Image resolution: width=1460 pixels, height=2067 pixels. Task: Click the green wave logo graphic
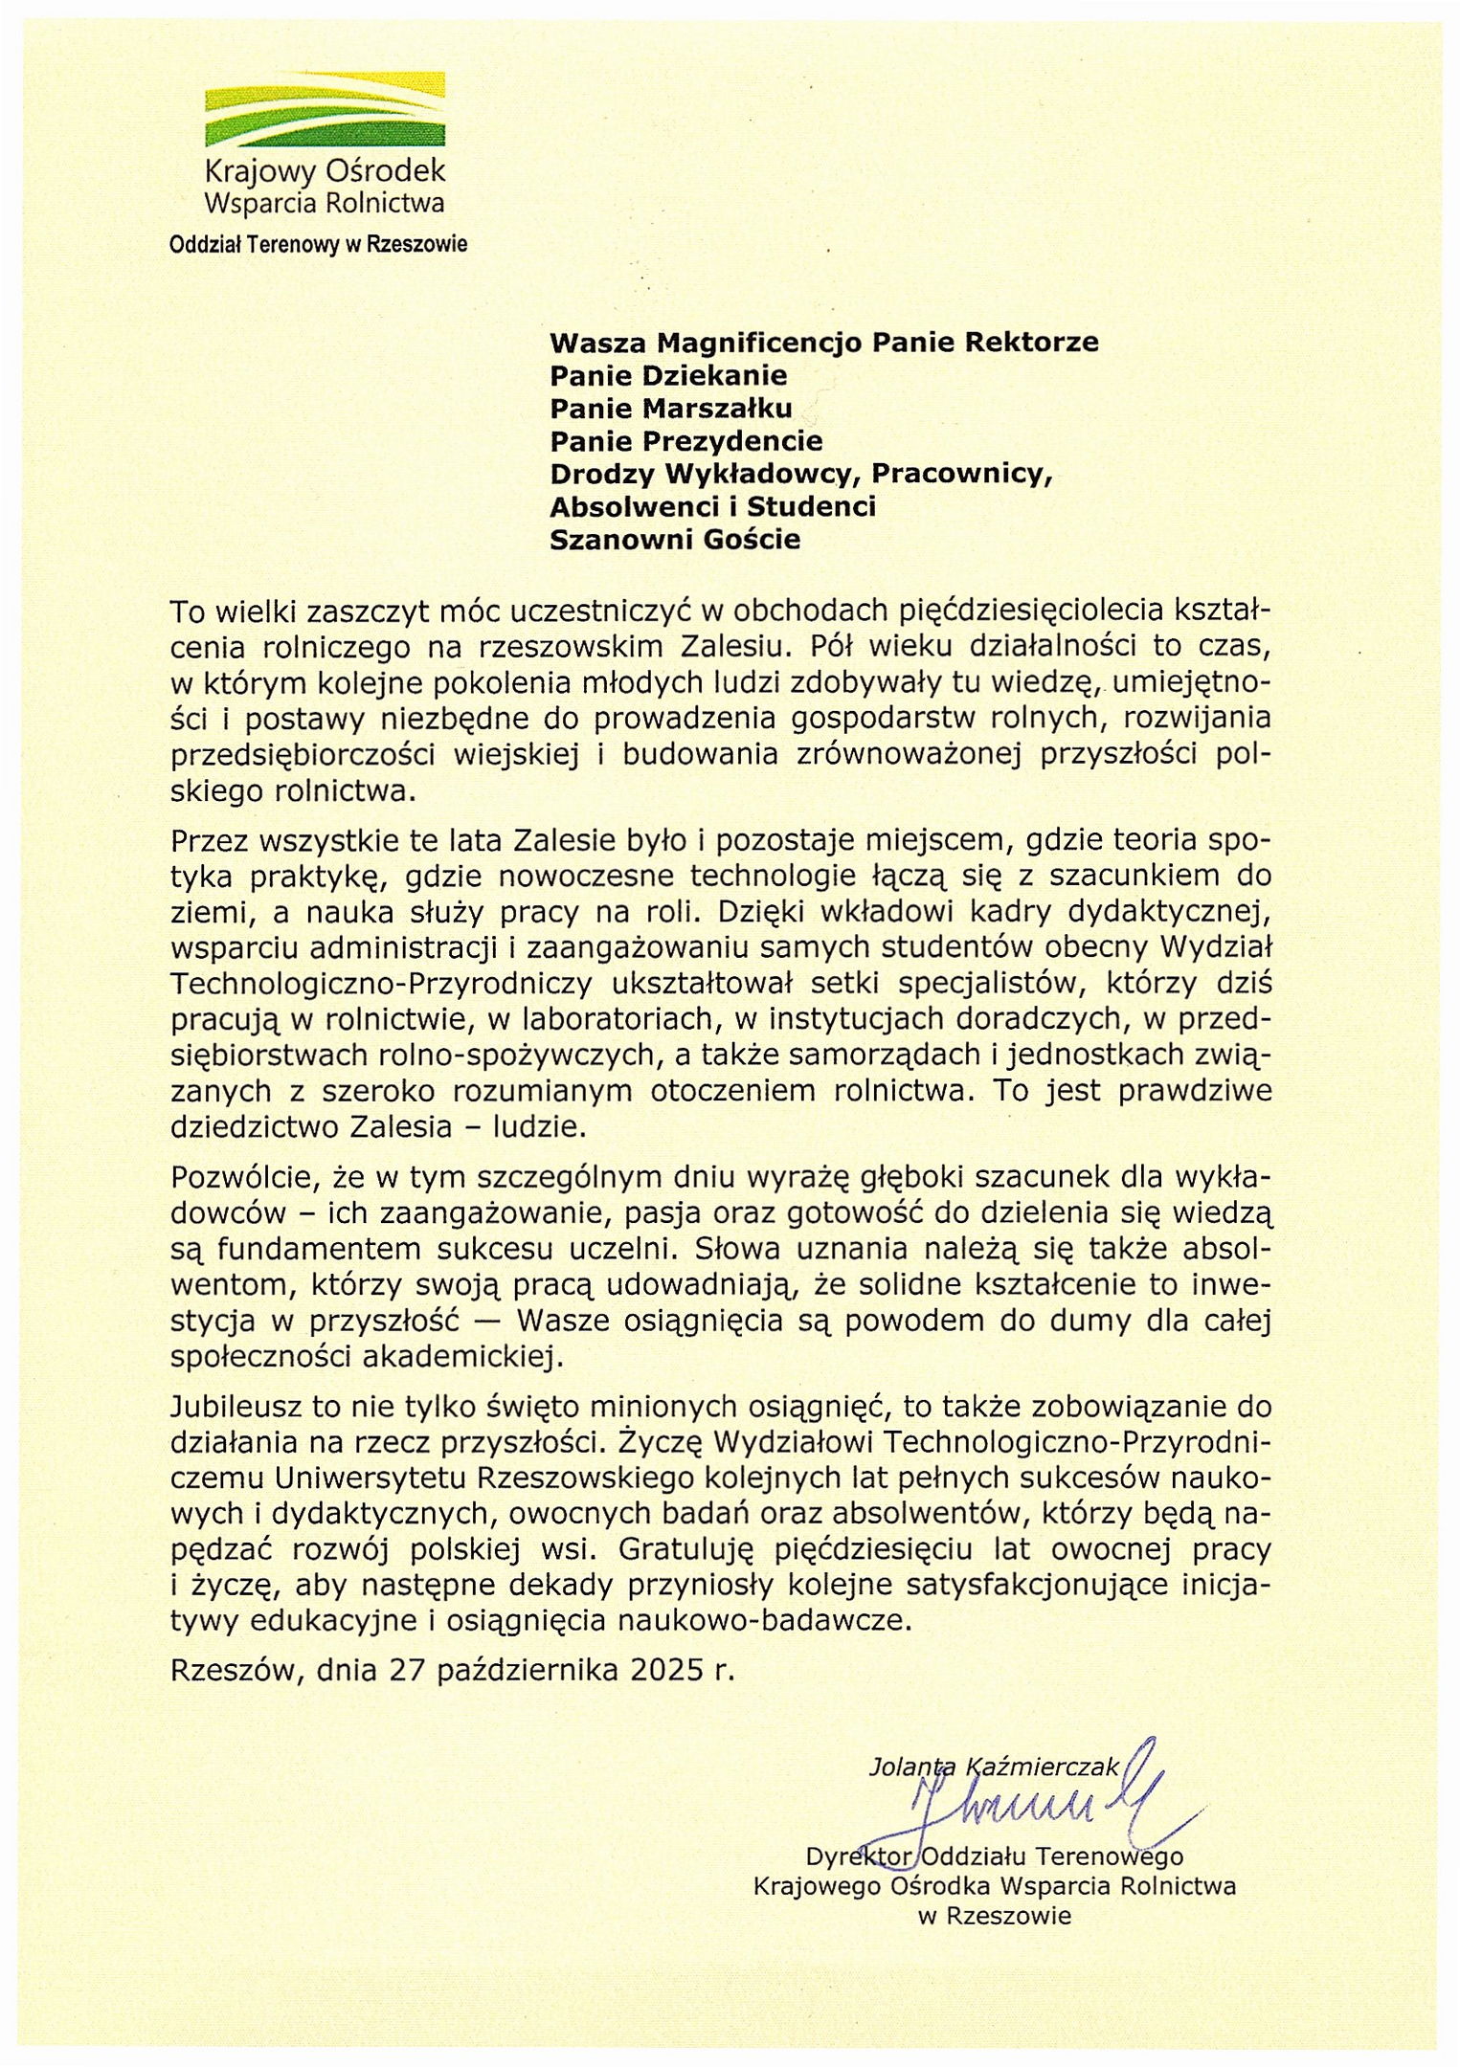[x=325, y=107]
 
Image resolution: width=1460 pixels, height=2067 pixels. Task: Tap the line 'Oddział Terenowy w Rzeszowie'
[x=318, y=244]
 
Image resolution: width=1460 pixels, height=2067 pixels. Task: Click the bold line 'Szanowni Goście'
[x=674, y=540]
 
